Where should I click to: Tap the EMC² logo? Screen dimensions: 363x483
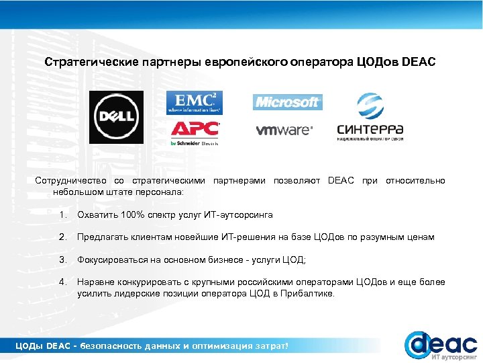pos(194,102)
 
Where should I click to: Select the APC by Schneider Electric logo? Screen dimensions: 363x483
pos(195,132)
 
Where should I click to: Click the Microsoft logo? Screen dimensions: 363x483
pos(287,102)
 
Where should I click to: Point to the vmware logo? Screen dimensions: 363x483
pos(284,130)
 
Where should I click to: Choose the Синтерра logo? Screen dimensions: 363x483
pos(370,117)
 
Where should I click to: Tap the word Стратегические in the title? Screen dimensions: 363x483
pos(91,63)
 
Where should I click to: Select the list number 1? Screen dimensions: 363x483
pos(62,215)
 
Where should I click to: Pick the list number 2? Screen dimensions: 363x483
pos(62,237)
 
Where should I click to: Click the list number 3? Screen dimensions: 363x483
pos(62,259)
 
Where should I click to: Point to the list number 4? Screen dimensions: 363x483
pos(62,282)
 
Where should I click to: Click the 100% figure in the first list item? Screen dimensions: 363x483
pos(131,215)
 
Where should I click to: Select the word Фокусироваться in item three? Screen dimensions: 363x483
pos(111,259)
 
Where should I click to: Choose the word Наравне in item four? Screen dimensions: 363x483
pos(96,282)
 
